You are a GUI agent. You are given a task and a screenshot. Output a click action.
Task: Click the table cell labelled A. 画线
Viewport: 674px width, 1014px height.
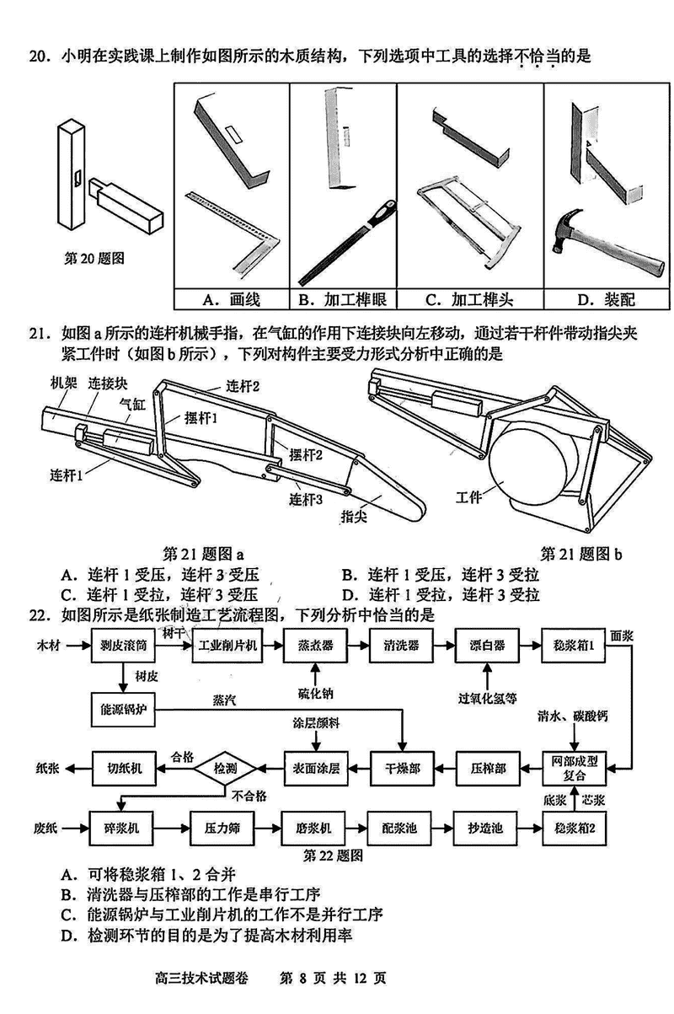[231, 299]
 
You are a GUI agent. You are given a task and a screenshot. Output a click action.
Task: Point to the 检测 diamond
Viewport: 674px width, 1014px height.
[225, 768]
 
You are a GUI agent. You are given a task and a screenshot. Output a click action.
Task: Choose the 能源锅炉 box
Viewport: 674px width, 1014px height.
[124, 708]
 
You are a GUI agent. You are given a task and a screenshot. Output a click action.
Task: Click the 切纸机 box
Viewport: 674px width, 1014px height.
[124, 768]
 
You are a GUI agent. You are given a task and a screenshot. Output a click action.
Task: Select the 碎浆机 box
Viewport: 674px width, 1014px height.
[124, 829]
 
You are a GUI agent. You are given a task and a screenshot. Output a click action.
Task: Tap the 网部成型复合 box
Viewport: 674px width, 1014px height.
[574, 768]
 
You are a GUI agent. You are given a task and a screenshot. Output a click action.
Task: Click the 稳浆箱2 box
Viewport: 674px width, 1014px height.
[574, 829]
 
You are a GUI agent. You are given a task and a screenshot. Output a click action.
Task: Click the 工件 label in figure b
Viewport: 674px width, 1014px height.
[468, 496]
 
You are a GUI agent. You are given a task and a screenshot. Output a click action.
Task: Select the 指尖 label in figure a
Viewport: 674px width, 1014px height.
[355, 516]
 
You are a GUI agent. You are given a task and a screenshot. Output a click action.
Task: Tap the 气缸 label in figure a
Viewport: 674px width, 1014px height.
[131, 404]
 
